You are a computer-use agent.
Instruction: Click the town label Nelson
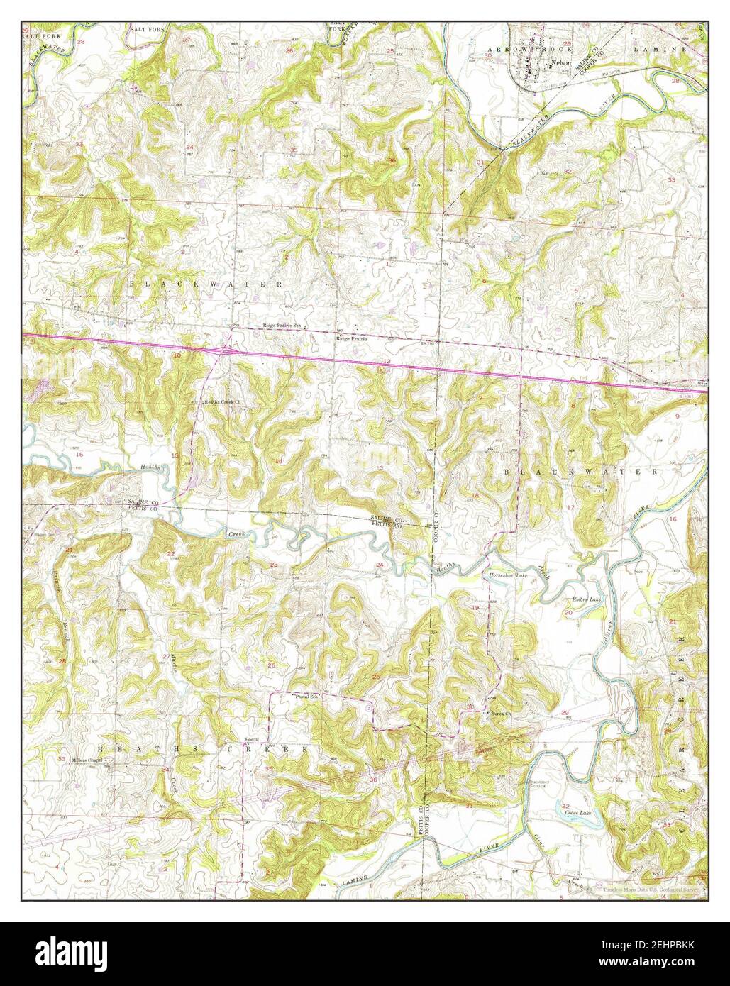pos(562,63)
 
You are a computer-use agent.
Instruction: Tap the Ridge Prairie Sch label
pos(283,326)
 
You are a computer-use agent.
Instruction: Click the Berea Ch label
pos(501,714)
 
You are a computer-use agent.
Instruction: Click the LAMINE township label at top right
pos(661,50)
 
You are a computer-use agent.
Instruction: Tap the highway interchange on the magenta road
pos(226,350)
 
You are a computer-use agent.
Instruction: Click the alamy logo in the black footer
pos(67,954)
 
